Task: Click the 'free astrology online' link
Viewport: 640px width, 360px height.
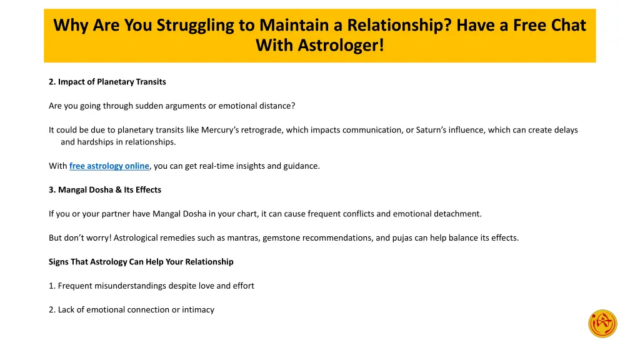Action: coord(109,166)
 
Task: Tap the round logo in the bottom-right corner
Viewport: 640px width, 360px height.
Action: coord(602,324)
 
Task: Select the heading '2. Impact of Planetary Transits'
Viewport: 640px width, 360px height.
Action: coord(107,82)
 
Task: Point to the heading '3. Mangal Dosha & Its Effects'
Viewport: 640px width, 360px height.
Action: coord(104,190)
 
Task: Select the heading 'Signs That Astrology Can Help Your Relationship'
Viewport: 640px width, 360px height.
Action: coord(141,262)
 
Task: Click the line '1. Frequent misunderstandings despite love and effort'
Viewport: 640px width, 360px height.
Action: coord(151,286)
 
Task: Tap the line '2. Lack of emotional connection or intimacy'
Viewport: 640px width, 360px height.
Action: coord(131,310)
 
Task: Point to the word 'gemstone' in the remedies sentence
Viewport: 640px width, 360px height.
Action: coord(279,238)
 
